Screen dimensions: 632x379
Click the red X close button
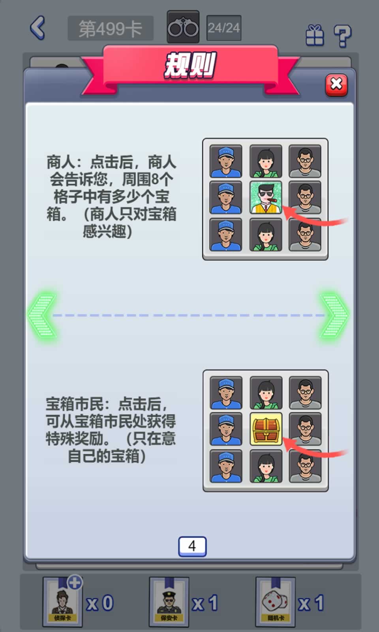336,85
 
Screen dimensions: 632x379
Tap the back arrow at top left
38,28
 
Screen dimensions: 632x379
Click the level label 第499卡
111,28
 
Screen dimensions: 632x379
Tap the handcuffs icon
183,28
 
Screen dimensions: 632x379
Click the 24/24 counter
224,28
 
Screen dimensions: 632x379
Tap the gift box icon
315,36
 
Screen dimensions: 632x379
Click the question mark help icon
342,36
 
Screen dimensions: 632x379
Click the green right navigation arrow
334,315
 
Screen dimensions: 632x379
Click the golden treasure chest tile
266,429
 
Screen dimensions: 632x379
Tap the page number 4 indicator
192,546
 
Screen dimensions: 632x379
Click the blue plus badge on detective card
75,582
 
